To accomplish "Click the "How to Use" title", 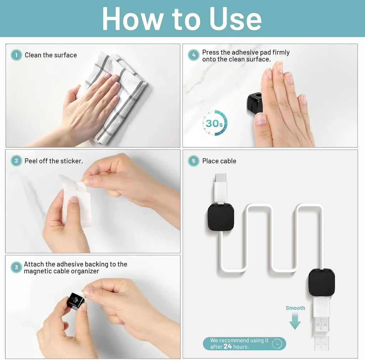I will pyautogui.click(x=182, y=19).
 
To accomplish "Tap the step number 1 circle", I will pyautogui.click(x=16, y=55).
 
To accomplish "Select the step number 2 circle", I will pyautogui.click(x=16, y=161).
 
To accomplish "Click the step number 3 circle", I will pyautogui.click(x=16, y=267).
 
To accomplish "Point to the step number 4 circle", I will pyautogui.click(x=194, y=55).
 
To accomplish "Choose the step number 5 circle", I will pyautogui.click(x=194, y=161).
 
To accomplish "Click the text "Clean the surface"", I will pyautogui.click(x=51, y=55).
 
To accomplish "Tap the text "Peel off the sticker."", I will pyautogui.click(x=53, y=161).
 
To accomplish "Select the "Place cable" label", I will pyautogui.click(x=219, y=161).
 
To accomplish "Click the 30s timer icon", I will pyautogui.click(x=215, y=123).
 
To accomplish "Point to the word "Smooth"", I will pyautogui.click(x=295, y=308).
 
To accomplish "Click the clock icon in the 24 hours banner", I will pyautogui.click(x=277, y=344).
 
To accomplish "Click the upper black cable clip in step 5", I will pyautogui.click(x=221, y=217).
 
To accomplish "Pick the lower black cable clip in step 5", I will pyautogui.click(x=322, y=282).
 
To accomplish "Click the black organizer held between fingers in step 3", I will pyautogui.click(x=76, y=300).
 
